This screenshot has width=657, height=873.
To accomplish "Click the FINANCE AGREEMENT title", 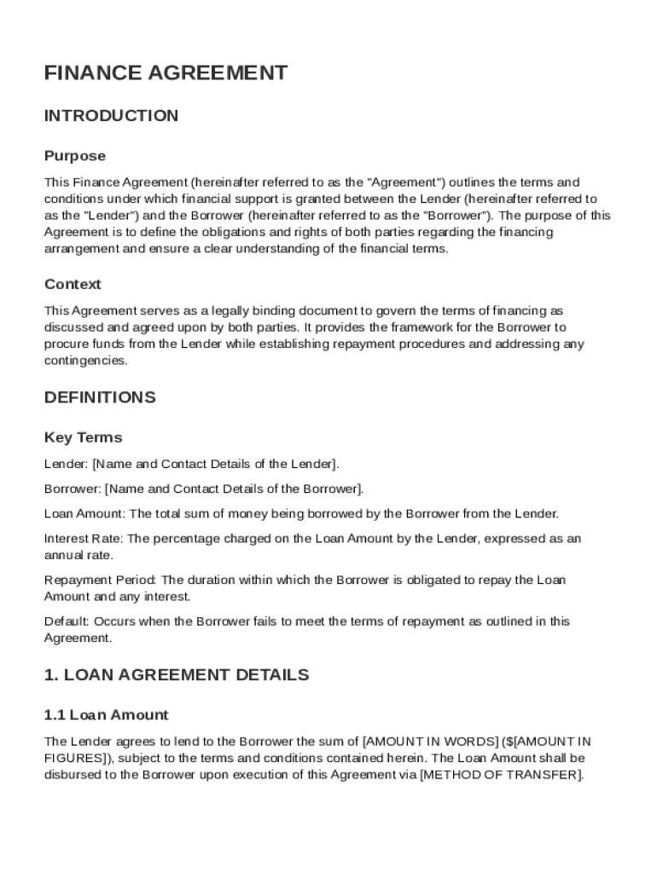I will tap(166, 73).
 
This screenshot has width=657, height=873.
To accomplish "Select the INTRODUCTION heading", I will tap(112, 116).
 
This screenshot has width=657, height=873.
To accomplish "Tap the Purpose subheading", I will tap(75, 156).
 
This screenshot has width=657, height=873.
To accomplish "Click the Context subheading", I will tap(73, 284).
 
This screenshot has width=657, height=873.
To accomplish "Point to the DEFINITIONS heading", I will tap(100, 397).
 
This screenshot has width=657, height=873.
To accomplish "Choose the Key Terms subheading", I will tap(83, 437).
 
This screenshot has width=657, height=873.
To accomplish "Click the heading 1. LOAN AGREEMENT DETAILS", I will tap(177, 675).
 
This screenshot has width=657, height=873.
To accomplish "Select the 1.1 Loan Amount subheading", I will tap(106, 715).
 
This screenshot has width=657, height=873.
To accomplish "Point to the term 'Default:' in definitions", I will tap(67, 622).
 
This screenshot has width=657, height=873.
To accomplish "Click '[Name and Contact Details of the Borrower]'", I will tap(234, 489).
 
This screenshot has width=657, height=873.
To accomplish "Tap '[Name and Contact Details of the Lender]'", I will tap(215, 464).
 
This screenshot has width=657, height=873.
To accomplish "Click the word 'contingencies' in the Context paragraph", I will tap(85, 361).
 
